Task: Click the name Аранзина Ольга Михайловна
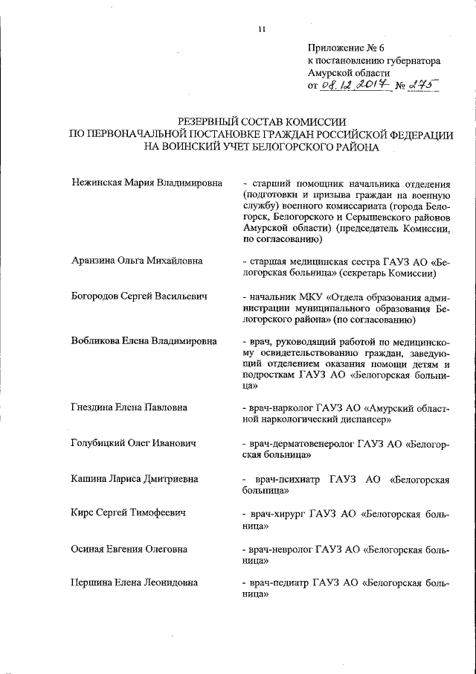pos(137,261)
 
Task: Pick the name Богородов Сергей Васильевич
pos(139,296)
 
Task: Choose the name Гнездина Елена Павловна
pos(129,407)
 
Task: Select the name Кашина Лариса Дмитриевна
pos(132,479)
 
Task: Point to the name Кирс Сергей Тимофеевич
pos(128,514)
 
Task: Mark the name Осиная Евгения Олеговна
pos(129,550)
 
